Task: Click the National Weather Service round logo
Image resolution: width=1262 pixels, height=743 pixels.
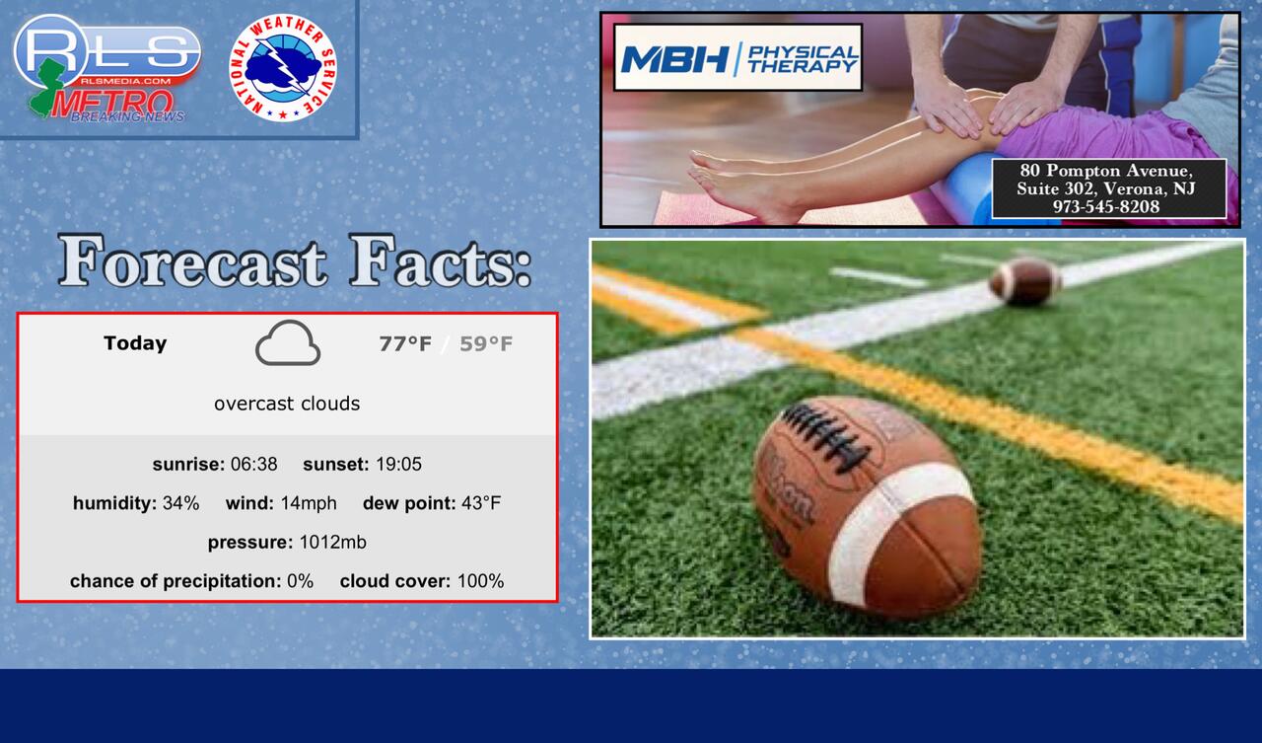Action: pos(283,68)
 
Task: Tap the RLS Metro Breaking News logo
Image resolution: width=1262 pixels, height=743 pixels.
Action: pos(107,68)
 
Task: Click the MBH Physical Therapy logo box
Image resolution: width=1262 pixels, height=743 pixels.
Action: pos(738,57)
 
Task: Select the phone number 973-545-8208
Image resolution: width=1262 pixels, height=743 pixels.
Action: pos(1106,206)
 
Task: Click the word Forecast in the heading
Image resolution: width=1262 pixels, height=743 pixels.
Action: pos(192,262)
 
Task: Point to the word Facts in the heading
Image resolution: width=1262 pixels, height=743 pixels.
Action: pos(440,262)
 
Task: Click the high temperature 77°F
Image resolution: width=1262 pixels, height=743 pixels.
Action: pos(405,343)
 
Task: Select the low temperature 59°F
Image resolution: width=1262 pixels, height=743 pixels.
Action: pos(486,343)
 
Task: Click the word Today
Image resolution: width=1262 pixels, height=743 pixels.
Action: pos(135,343)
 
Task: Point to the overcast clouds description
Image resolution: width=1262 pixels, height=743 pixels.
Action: pos(287,404)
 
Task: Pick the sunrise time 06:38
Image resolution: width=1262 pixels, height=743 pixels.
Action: pos(254,464)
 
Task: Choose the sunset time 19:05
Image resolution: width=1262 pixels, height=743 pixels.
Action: pos(399,464)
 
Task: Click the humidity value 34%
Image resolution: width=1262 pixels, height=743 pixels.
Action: pos(180,503)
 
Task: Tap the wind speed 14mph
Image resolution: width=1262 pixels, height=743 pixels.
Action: pos(309,503)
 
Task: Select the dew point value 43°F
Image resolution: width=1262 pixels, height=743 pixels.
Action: pos(481,503)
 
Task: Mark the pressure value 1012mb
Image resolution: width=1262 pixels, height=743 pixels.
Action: pos(332,542)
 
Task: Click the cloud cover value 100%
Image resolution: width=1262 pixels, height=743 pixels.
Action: pos(480,580)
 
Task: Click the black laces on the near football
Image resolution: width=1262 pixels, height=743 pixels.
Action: pos(826,438)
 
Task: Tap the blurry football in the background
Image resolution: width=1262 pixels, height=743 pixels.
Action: pos(1024,281)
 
